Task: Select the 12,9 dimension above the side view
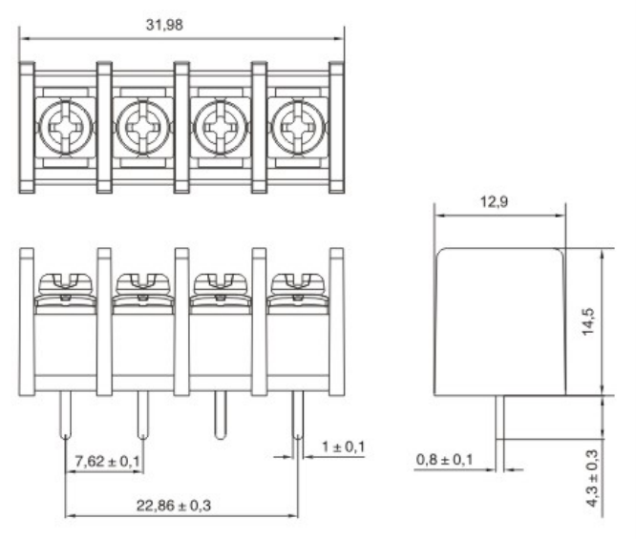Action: pyautogui.click(x=494, y=203)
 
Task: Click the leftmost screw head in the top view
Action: pyautogui.click(x=64, y=125)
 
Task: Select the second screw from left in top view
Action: pyautogui.click(x=141, y=125)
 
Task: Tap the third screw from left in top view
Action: pyautogui.click(x=219, y=125)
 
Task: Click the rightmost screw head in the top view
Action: pyautogui.click(x=296, y=125)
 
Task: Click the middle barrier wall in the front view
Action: pyautogui.click(x=181, y=321)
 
